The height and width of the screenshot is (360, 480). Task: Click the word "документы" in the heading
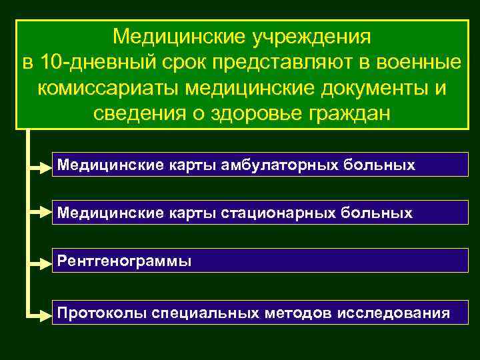click(364, 87)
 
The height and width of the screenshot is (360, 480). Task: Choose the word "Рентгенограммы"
click(124, 261)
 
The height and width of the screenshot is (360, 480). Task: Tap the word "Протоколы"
click(101, 312)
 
